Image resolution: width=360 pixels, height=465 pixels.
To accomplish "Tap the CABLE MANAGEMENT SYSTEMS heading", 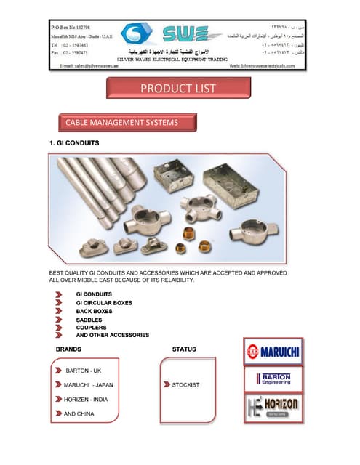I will pyautogui.click(x=121, y=122).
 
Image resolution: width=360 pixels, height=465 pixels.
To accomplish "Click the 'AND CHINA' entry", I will pyautogui.click(x=79, y=413).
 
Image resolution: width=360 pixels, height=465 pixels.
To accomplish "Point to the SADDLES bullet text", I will pyautogui.click(x=89, y=319).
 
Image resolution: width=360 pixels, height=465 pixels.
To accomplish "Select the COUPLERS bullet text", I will pyautogui.click(x=91, y=327).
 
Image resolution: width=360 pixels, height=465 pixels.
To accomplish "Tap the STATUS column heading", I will pyautogui.click(x=183, y=349).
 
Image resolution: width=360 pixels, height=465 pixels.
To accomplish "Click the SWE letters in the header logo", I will pyautogui.click(x=183, y=33).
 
